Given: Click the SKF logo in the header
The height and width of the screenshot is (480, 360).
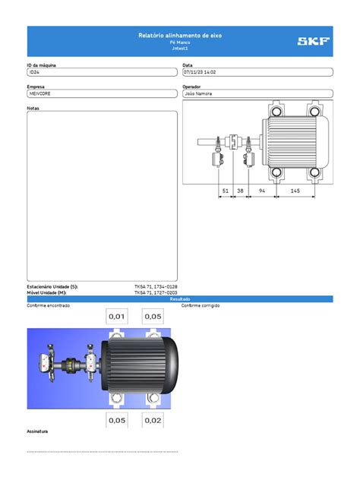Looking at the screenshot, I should (314, 41).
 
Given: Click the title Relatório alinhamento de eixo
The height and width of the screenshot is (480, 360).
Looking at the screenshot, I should (180, 36).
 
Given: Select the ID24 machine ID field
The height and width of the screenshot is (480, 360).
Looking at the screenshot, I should (103, 73).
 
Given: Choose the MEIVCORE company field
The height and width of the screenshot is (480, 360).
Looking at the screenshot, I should (103, 93).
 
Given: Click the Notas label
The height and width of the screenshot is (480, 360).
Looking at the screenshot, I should (33, 108).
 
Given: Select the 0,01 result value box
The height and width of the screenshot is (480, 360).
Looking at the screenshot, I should (118, 316).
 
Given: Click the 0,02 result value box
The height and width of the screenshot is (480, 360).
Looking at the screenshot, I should (153, 419).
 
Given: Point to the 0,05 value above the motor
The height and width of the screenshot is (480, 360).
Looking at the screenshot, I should (153, 316).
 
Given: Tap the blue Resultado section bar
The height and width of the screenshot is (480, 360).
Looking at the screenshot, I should (180, 299).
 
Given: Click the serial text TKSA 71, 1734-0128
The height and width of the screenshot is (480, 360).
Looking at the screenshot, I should (156, 286).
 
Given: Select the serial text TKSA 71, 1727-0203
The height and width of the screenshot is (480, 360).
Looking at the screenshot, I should (156, 292).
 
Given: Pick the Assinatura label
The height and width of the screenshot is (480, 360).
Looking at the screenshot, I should (38, 431).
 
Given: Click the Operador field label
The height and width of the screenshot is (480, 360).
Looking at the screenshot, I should (192, 87).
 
